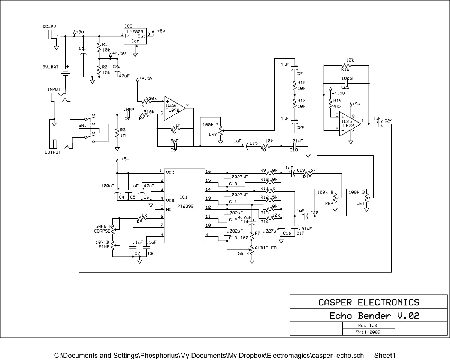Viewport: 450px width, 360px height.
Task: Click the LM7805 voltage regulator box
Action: tap(135, 37)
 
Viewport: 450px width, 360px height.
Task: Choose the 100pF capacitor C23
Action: tap(346, 82)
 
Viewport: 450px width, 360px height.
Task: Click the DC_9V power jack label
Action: tap(52, 27)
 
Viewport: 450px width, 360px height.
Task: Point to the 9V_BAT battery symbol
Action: tap(66, 71)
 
